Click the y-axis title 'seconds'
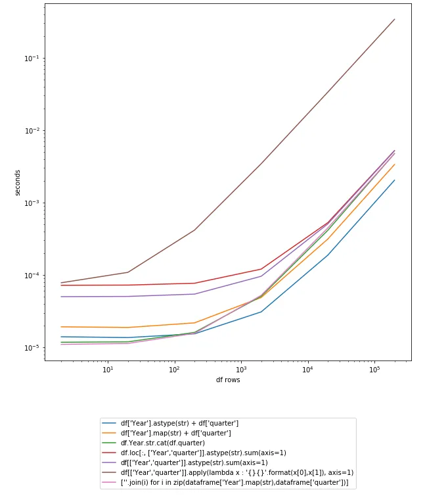click(x=19, y=182)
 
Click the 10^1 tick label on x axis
click(x=108, y=369)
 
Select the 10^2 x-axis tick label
click(x=175, y=369)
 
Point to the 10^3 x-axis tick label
click(x=241, y=369)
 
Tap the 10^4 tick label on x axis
click(x=308, y=369)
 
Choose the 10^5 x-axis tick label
click(x=374, y=369)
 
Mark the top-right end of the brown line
click(x=395, y=19)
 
